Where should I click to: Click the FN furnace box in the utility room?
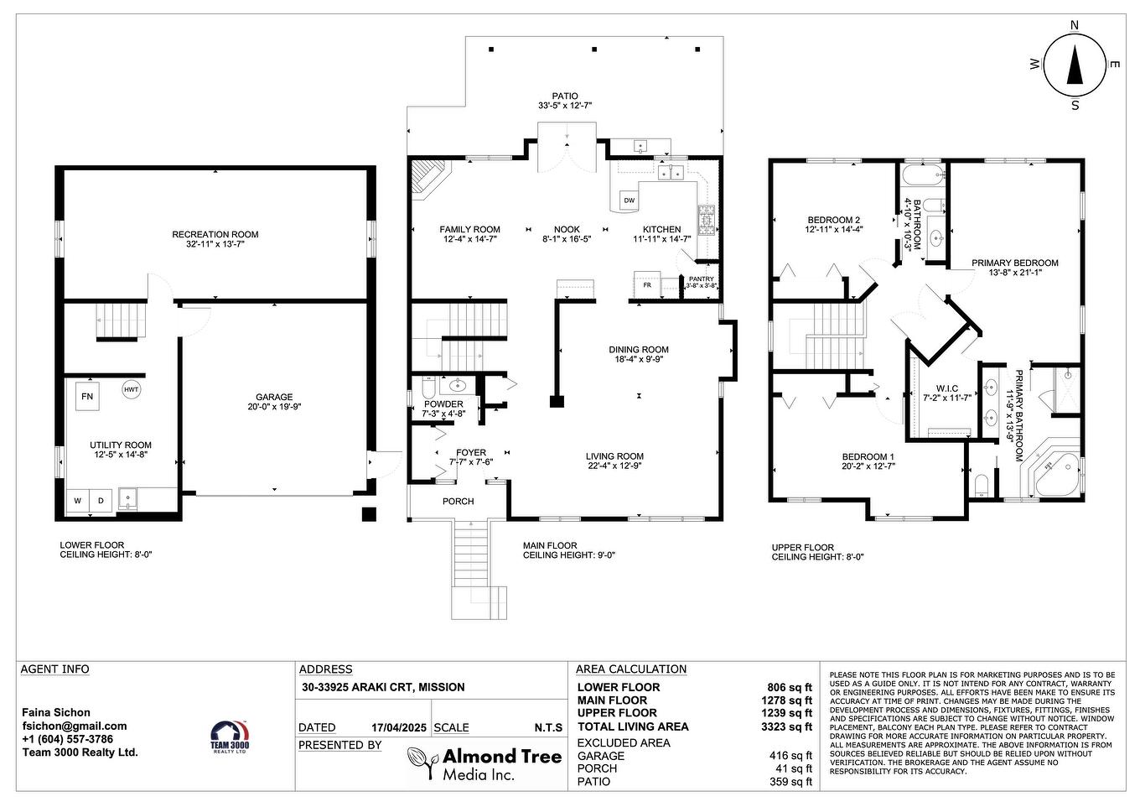[x=87, y=396]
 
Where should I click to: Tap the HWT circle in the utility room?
[x=132, y=389]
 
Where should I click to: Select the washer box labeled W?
[x=78, y=501]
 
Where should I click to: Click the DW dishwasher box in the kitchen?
[x=629, y=200]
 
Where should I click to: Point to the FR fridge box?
[x=647, y=284]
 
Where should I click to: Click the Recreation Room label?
[x=215, y=235]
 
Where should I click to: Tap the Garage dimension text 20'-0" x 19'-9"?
[x=274, y=407]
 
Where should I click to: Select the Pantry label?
[x=701, y=279]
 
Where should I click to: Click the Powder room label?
[x=443, y=404]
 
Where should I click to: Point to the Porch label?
[x=459, y=502]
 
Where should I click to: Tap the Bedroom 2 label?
[x=833, y=221]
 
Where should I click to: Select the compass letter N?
[x=1075, y=26]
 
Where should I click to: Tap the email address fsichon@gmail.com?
[x=75, y=726]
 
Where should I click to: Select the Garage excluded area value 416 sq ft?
[x=790, y=756]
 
